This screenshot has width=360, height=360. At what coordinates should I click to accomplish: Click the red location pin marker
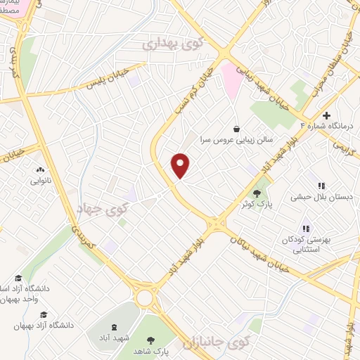tap(181, 165)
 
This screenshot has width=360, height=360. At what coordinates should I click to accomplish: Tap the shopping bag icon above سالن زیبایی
tap(236, 129)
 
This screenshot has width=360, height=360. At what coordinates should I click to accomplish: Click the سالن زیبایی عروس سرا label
tap(233, 140)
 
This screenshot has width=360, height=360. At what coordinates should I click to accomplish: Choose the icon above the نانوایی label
tap(40, 169)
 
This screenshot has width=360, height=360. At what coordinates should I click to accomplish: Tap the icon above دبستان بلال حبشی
tap(321, 186)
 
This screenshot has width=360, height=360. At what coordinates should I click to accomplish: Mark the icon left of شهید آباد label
tap(114, 326)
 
